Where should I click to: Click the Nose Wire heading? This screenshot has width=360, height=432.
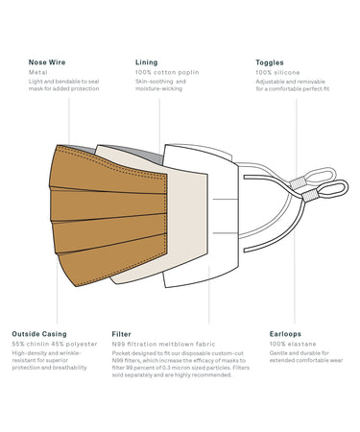(x=47, y=62)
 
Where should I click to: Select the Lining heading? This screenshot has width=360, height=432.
(x=147, y=62)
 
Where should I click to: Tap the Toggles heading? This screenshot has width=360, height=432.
(x=270, y=62)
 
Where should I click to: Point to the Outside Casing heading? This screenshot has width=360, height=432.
(x=39, y=334)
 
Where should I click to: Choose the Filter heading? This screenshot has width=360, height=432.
(x=122, y=334)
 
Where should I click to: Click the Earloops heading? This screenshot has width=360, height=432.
(x=285, y=334)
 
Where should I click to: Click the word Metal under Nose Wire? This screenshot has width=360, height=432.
(x=38, y=72)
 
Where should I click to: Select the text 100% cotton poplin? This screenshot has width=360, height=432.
(x=167, y=72)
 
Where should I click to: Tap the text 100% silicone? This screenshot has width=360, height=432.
(x=277, y=72)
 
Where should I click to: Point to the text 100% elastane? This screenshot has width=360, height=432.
(x=293, y=344)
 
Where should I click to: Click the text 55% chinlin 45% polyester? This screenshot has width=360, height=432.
(x=55, y=344)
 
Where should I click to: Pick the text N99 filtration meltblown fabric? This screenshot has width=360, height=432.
(x=163, y=345)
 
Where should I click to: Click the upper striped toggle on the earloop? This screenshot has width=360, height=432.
(x=298, y=183)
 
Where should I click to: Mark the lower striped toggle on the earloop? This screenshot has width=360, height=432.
(x=309, y=195)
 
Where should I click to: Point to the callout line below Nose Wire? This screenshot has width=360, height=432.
(x=69, y=122)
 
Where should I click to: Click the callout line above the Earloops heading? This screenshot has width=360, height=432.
(x=296, y=211)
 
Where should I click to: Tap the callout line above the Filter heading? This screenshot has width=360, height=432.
(x=209, y=295)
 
